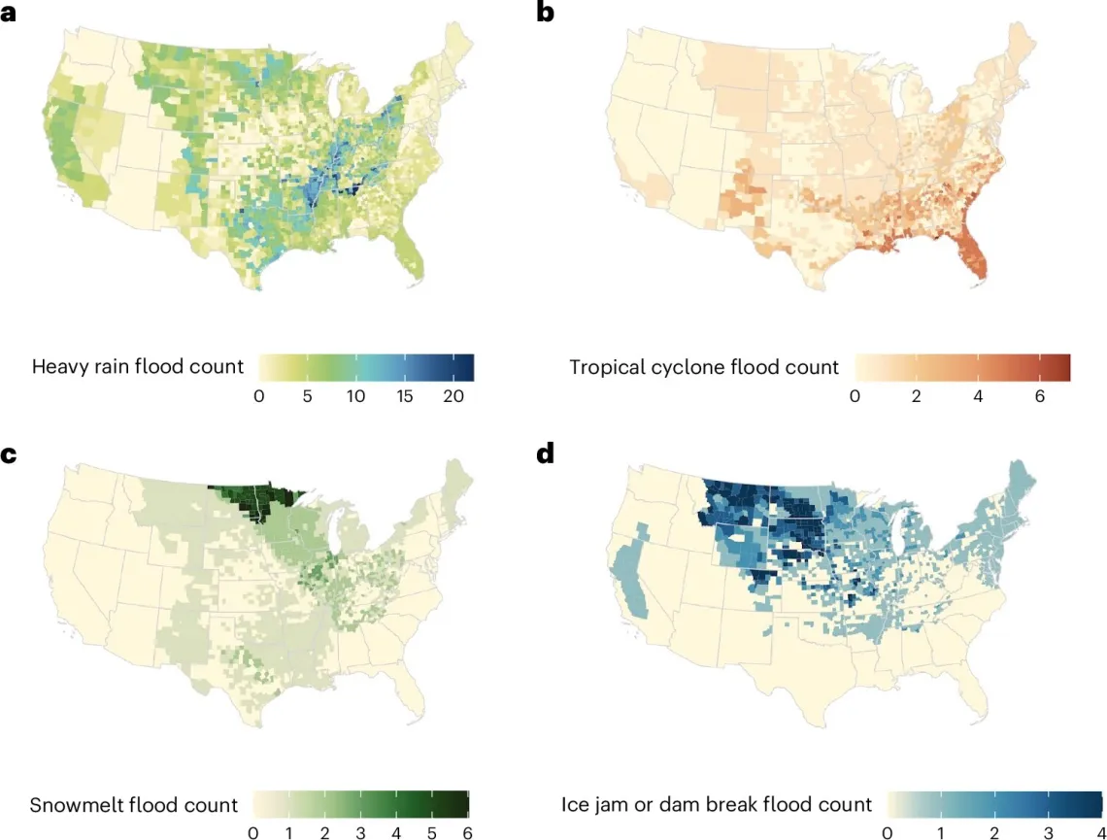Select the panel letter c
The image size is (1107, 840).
coord(9,453)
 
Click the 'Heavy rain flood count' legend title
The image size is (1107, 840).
coord(137,367)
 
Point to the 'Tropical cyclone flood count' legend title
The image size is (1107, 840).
coord(704,367)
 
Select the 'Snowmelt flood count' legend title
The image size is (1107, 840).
coord(134,805)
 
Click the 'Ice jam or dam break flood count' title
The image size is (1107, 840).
coord(717,805)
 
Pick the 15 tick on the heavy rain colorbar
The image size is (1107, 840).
coord(405,396)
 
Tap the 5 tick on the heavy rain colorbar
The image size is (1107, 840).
coord(307,396)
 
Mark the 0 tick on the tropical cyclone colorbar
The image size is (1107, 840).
coord(855,396)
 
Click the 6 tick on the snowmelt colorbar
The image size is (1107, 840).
coord(468,832)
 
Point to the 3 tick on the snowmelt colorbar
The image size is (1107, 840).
coord(360,832)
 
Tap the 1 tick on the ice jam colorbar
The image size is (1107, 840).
coord(940,832)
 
